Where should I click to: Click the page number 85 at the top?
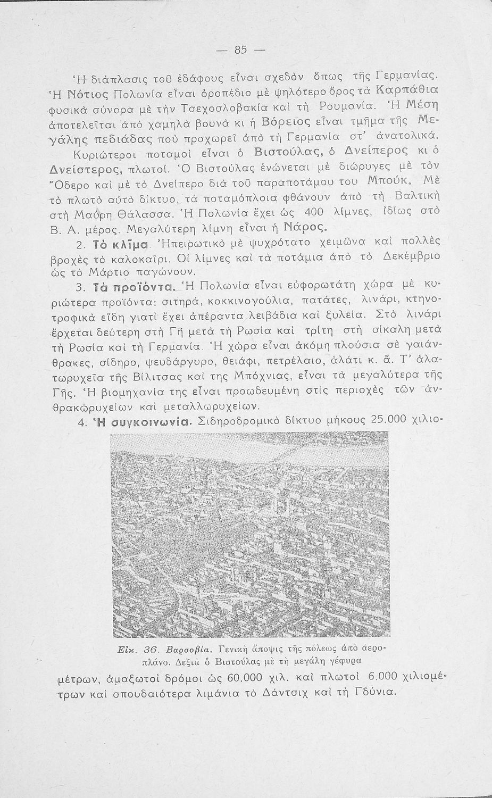pos(241,49)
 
